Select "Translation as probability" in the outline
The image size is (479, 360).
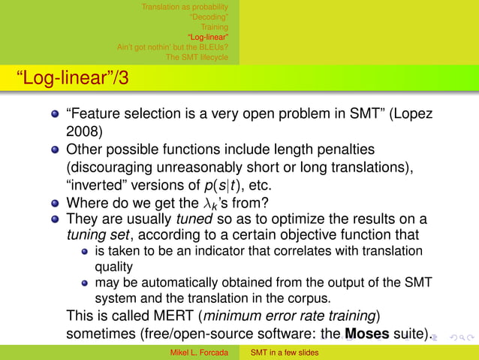[185, 8]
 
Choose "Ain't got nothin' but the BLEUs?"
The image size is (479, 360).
[172, 47]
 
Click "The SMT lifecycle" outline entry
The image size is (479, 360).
[197, 56]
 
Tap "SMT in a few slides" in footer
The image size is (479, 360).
[285, 352]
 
